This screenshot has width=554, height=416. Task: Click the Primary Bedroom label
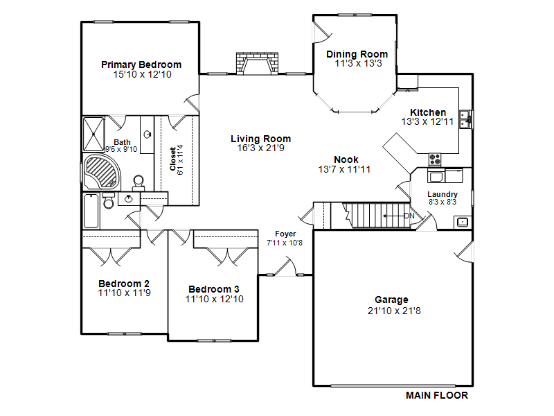click(x=141, y=64)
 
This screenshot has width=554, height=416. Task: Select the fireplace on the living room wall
click(x=257, y=63)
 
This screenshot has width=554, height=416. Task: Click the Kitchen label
click(x=428, y=112)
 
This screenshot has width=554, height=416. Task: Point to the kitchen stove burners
click(x=435, y=158)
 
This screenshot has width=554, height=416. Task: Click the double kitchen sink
click(x=468, y=119)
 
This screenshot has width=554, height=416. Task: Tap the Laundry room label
click(x=443, y=194)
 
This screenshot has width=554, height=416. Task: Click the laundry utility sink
click(x=462, y=222)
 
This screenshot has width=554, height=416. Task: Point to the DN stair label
click(x=409, y=216)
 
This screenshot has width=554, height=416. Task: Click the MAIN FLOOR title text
click(x=436, y=396)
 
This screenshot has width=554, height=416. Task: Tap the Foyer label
click(x=285, y=234)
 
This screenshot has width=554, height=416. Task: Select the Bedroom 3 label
click(x=214, y=289)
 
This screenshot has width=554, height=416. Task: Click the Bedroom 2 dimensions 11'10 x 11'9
click(x=124, y=293)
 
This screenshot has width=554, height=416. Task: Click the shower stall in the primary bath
click(x=93, y=133)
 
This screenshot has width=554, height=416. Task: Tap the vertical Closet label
click(x=173, y=159)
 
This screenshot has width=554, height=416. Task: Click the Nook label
click(x=346, y=159)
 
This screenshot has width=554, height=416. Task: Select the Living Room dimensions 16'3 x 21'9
click(x=261, y=148)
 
